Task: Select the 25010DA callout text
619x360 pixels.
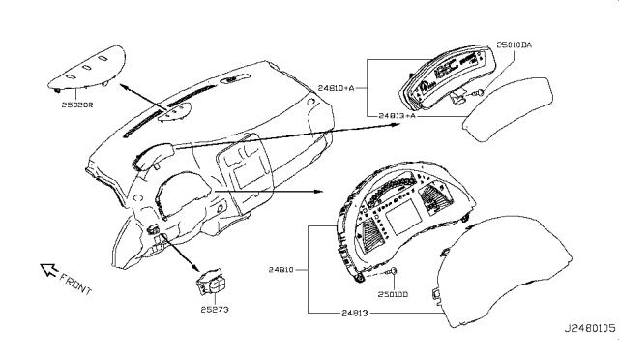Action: coord(522,45)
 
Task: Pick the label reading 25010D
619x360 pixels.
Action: coord(392,293)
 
